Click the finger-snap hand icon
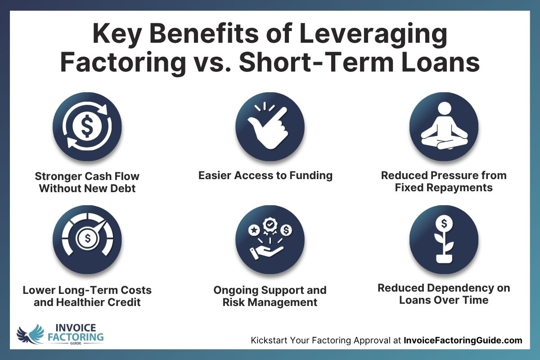tap(270, 127)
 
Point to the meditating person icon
tap(444, 127)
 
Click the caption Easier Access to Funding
tap(265, 175)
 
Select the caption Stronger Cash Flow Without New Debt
tap(87, 181)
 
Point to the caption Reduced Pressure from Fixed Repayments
tap(444, 181)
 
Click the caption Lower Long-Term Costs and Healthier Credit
tap(87, 296)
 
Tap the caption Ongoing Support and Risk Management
tap(270, 296)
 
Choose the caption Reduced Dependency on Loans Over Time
tap(444, 293)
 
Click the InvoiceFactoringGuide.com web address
tap(463, 341)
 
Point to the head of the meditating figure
tap(444, 108)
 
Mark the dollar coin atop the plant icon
tap(444, 222)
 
